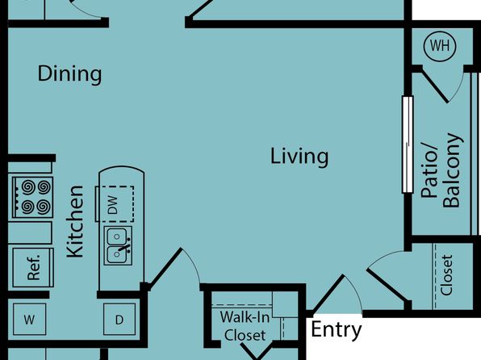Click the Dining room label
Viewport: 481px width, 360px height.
[x=69, y=73]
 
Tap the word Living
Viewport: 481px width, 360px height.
[x=299, y=157]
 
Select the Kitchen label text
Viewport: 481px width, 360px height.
[x=75, y=222]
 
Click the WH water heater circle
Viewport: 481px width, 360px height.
[x=440, y=46]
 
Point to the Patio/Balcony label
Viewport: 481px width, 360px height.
[x=441, y=170]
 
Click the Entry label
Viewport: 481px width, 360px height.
[x=337, y=330]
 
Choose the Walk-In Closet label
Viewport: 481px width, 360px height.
[x=245, y=326]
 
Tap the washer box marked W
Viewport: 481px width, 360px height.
[x=29, y=319]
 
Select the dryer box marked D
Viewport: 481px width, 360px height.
[x=119, y=319]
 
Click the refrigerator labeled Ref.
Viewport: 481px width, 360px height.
[x=33, y=267]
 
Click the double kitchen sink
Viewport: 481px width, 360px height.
[x=118, y=246]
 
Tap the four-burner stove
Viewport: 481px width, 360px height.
[x=32, y=197]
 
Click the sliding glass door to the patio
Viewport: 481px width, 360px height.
[x=408, y=144]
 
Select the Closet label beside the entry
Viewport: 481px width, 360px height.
[x=446, y=275]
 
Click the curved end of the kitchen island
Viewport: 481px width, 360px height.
[x=122, y=170]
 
